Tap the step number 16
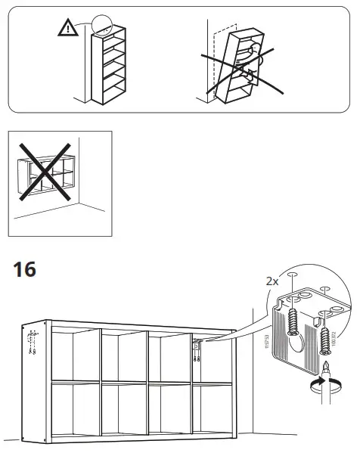click(x=25, y=268)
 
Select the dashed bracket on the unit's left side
click(x=31, y=344)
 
